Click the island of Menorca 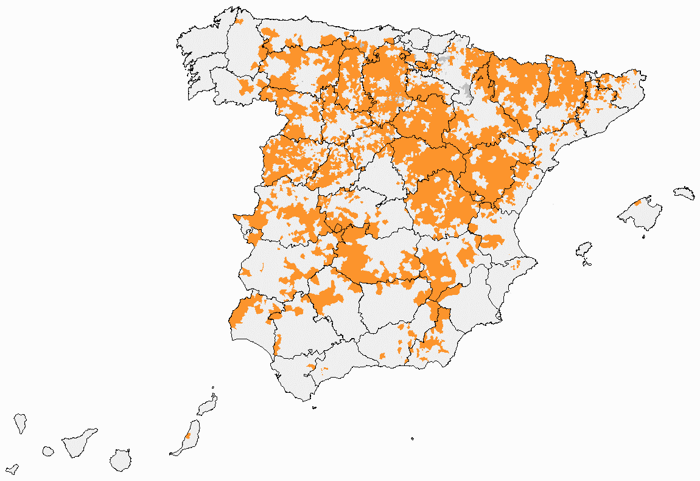(684, 193)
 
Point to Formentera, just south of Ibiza (587, 263)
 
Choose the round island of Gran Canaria (121, 460)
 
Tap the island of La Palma (21, 423)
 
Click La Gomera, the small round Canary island (47, 451)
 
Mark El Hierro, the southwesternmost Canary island (12, 469)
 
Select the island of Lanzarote (208, 406)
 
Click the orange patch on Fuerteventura (188, 435)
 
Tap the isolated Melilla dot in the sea (412, 438)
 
